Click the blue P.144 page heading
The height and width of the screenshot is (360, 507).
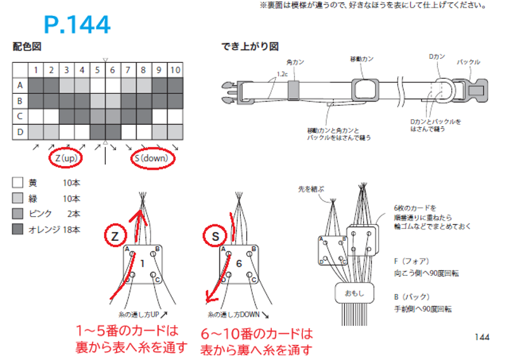coord(77,25)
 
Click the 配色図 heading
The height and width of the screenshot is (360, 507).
coord(27,46)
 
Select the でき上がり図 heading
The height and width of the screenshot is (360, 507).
coord(250,46)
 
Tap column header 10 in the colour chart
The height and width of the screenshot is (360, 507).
coord(175,69)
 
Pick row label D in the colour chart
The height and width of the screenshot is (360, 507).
coord(20,131)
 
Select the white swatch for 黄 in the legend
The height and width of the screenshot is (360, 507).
coord(18,183)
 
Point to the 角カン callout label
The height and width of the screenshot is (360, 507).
coord(295,63)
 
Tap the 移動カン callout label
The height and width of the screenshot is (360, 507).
coord(361,58)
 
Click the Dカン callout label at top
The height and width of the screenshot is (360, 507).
coord(437,57)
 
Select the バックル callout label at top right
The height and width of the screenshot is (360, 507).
coord(468,62)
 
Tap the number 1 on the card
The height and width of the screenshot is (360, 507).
coord(143,262)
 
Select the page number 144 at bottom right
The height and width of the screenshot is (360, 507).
coord(482,337)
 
